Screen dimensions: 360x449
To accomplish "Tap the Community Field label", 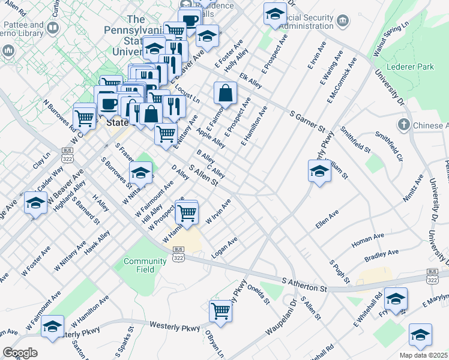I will click(x=145, y=265).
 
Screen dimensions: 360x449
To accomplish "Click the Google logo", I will click(x=20, y=353).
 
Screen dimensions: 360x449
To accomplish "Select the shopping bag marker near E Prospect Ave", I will click(x=225, y=94).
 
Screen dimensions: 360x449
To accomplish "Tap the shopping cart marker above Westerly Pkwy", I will click(x=220, y=311).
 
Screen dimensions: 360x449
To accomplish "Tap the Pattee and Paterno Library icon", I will click(x=53, y=28).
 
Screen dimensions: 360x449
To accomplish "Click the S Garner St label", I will click(x=306, y=121).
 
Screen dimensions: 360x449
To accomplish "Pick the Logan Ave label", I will click(x=225, y=246).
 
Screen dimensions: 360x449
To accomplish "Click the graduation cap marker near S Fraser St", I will click(x=140, y=173).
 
